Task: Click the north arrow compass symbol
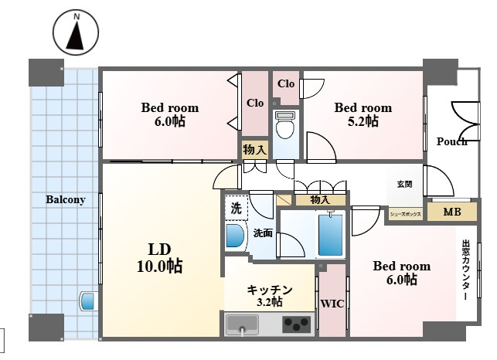point(76,32)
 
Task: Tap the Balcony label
point(66,199)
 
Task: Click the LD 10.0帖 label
point(160,258)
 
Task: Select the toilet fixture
point(285,125)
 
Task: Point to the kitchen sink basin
point(243,324)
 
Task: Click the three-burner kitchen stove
point(297,324)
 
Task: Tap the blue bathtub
point(330,235)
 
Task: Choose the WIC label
point(332,304)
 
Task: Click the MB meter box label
point(452,212)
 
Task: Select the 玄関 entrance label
point(404,184)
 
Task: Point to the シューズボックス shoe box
point(405,214)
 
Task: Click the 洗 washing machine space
point(237,209)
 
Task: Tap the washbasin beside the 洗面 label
point(235,236)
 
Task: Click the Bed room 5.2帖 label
point(363,114)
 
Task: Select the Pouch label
point(451,141)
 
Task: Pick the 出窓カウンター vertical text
point(466,270)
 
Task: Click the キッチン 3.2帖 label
point(270,296)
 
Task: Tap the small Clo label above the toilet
point(286,83)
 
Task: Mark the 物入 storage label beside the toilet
point(255,149)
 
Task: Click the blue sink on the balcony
point(87,301)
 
